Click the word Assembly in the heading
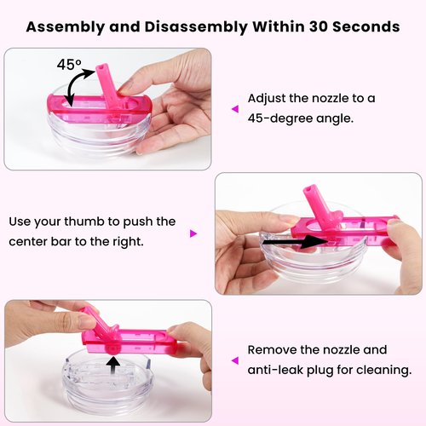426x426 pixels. [x=66, y=27]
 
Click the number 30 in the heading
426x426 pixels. [x=316, y=26]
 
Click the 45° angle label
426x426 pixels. [x=69, y=65]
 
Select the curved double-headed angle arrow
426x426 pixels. [x=72, y=83]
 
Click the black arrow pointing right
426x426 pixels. [x=296, y=242]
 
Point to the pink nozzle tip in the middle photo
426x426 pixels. [x=308, y=190]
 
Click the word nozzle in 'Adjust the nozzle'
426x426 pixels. [x=330, y=99]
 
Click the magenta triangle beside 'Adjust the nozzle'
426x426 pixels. [x=235, y=109]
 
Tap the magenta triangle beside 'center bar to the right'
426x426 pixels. [x=193, y=233]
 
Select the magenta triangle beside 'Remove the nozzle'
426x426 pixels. [x=235, y=360]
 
